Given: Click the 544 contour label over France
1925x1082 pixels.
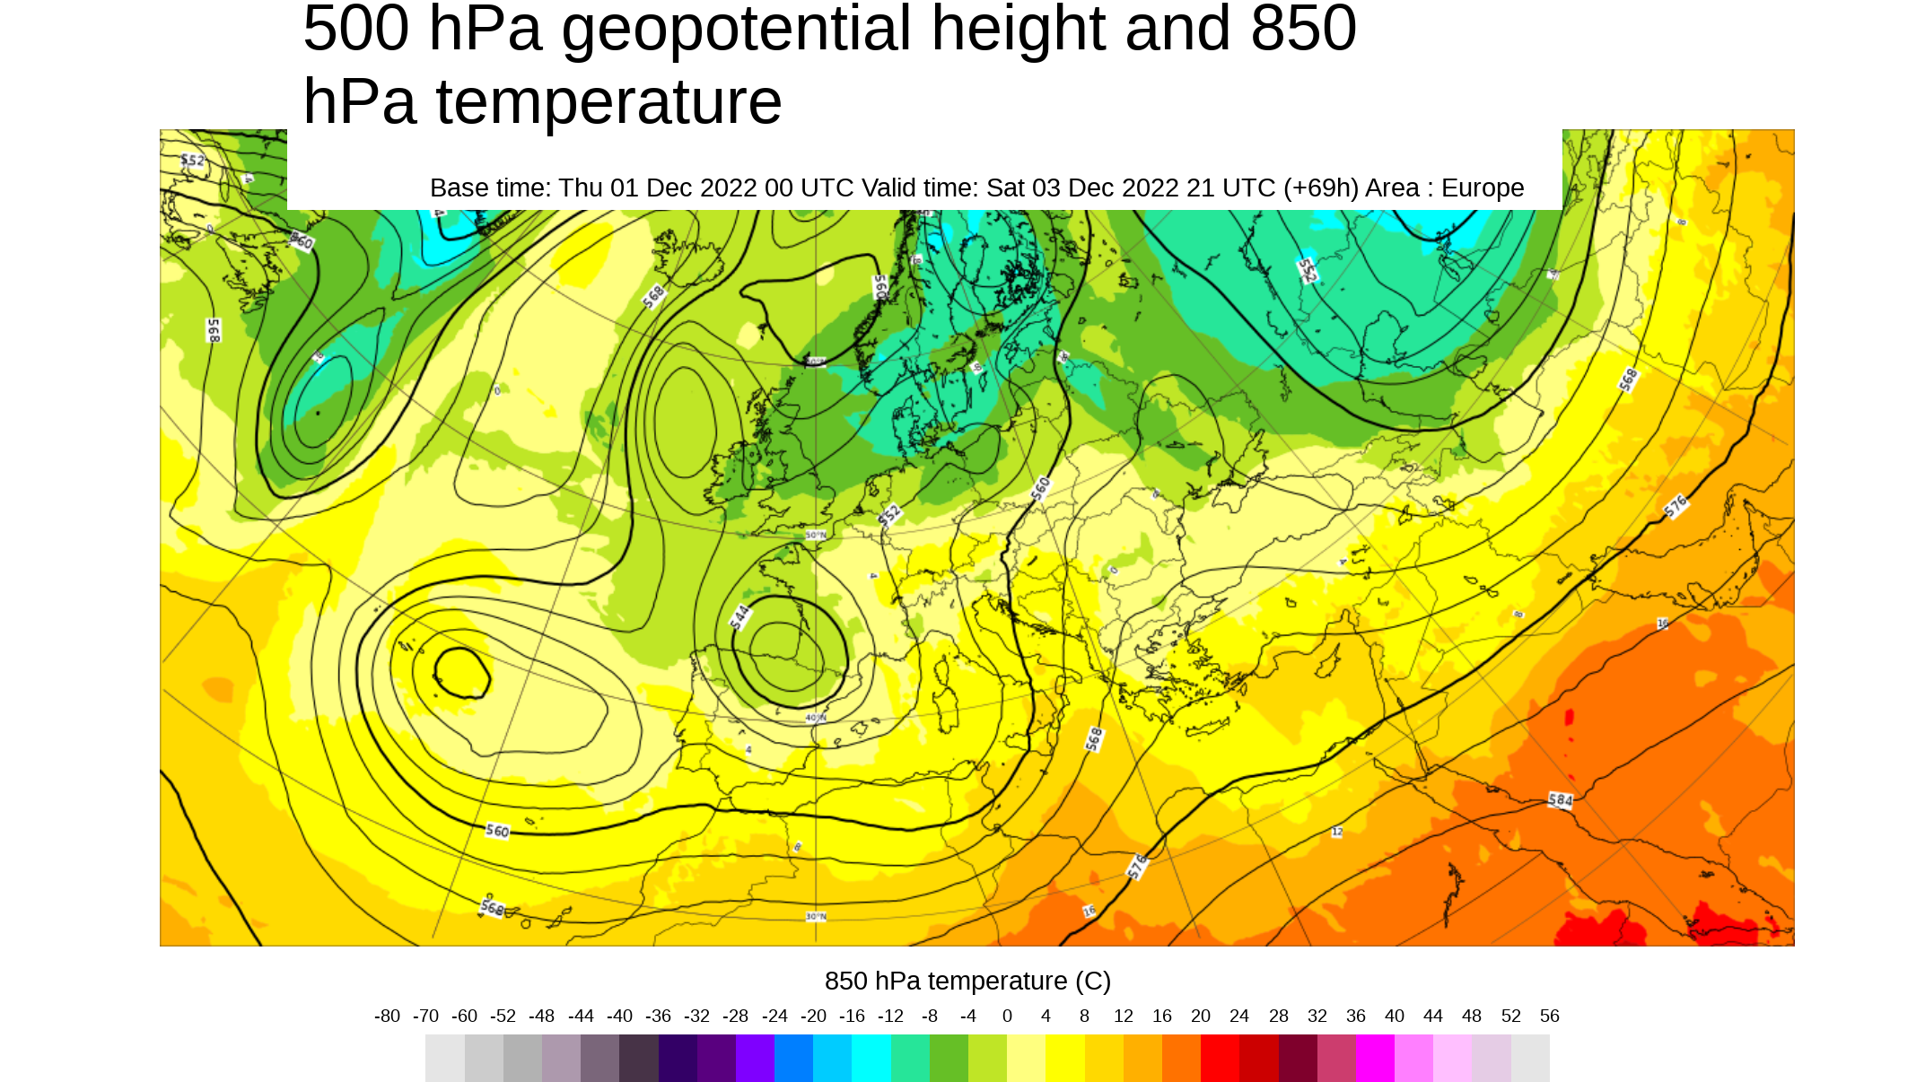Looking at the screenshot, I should [739, 616].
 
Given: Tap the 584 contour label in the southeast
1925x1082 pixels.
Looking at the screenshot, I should [1560, 799].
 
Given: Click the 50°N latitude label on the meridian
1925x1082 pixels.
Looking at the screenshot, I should [816, 535].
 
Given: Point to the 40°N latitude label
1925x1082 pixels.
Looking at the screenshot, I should [815, 718].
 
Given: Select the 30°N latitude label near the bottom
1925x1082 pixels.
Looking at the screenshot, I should [815, 916].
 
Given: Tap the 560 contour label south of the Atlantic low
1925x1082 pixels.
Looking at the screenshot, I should [497, 831].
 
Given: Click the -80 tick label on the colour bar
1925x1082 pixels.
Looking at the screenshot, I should [387, 1016].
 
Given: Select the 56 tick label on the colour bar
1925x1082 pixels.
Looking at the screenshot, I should [1549, 1016].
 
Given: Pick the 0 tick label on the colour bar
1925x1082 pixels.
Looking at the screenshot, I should [1007, 1016].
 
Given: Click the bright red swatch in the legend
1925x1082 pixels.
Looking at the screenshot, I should [1220, 1058].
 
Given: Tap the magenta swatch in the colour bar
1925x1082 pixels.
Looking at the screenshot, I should [1375, 1058].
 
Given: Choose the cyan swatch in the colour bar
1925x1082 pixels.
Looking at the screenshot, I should [871, 1058].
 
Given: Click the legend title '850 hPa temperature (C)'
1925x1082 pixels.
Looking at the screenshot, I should [967, 981].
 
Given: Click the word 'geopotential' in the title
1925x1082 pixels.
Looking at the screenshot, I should [736, 29].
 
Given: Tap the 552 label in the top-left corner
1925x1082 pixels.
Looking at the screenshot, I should [192, 161].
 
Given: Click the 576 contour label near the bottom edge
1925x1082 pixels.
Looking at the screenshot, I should [1137, 866].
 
